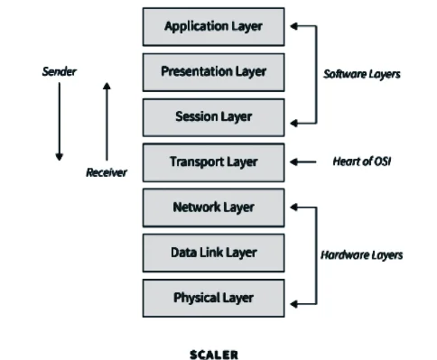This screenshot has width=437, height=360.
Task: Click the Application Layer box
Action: click(213, 27)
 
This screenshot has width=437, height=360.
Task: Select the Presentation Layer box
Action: click(213, 71)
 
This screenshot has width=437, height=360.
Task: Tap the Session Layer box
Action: click(213, 116)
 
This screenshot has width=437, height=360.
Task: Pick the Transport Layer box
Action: click(213, 162)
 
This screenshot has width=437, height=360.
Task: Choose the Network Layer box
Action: click(213, 208)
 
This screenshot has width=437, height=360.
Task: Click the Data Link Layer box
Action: click(213, 253)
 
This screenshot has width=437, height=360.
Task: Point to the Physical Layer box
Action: click(213, 297)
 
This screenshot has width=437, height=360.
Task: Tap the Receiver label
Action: click(107, 172)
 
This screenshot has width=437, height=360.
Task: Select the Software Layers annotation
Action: click(362, 73)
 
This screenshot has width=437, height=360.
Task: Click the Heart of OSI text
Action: click(358, 162)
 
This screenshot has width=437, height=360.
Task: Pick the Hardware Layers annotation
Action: click(361, 254)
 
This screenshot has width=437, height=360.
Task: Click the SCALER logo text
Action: click(214, 354)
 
